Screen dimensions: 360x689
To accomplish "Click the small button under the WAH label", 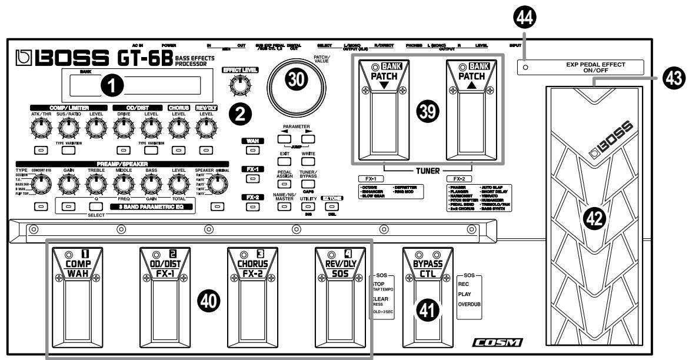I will (252, 151).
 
